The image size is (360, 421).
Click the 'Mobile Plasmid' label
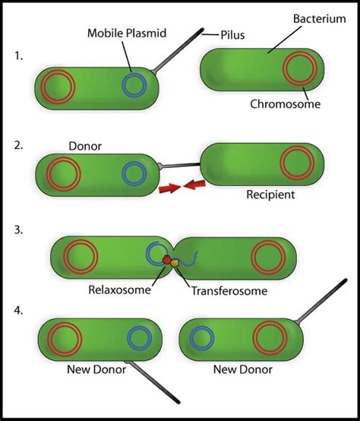(x=127, y=33)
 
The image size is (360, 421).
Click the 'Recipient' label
(x=270, y=195)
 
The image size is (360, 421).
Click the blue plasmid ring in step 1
(x=134, y=85)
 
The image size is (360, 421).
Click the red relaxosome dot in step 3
(x=167, y=261)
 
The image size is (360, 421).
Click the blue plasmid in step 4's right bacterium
(x=200, y=338)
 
